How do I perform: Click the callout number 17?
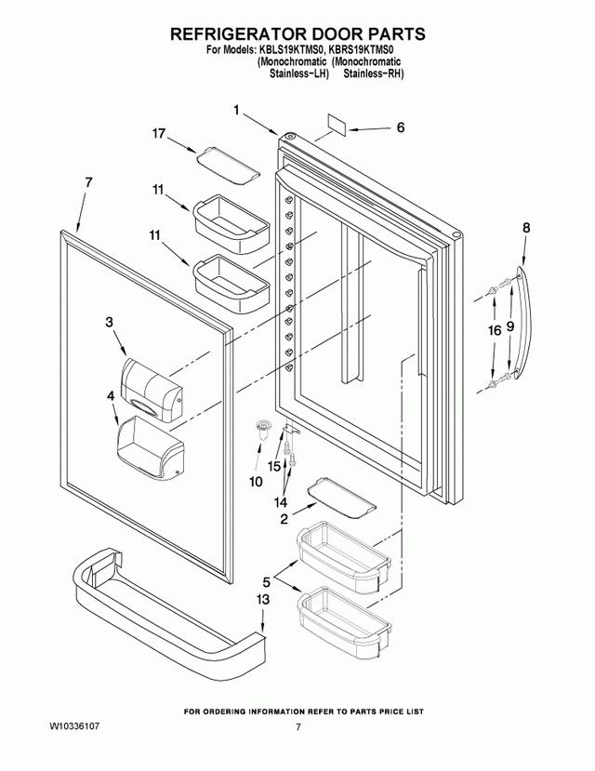coord(158,133)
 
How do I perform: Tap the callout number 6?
coord(401,127)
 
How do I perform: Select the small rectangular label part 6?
coord(337,126)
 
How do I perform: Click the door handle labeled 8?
coord(524,322)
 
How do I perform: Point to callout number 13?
coord(263,600)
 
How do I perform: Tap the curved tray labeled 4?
coord(150,447)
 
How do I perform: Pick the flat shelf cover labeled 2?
coord(341,498)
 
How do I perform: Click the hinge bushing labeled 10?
coord(264,428)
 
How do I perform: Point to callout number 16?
coord(495,330)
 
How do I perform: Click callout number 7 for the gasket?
coord(88,182)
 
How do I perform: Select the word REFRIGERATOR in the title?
coord(235,33)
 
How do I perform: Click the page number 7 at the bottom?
coord(297,727)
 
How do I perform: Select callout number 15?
coord(274,466)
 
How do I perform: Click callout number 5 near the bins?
coord(266,583)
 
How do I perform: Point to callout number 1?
coord(236,110)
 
